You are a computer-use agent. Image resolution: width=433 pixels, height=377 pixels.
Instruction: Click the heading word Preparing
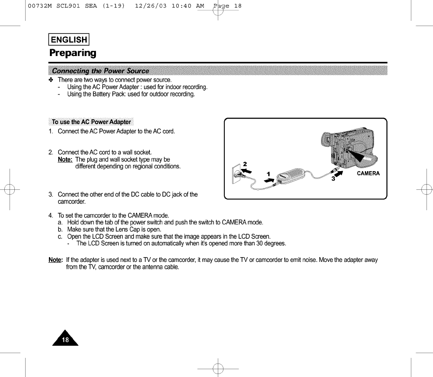coord(72,53)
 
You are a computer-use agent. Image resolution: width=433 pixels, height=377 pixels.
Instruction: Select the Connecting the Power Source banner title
coord(100,71)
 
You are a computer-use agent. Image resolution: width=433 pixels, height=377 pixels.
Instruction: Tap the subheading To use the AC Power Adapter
coord(91,121)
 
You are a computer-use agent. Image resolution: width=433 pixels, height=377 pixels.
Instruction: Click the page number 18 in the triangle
coord(65,340)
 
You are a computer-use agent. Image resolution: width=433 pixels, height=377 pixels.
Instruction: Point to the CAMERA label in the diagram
coord(368,173)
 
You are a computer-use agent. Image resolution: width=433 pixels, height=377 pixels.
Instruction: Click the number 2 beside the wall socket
coord(245,164)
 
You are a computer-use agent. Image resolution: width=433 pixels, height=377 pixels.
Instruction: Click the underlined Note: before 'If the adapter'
coord(56,260)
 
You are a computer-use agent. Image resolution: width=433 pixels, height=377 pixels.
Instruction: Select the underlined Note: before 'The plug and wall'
coord(66,159)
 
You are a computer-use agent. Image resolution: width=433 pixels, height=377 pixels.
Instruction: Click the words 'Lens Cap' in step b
coord(123,229)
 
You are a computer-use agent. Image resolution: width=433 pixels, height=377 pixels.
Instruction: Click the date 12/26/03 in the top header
coord(151,6)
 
